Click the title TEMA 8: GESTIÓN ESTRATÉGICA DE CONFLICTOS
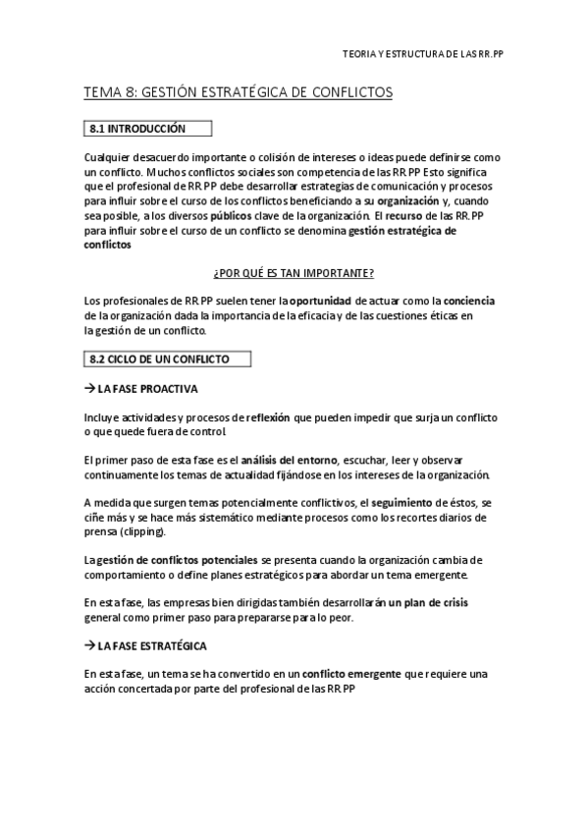(239, 93)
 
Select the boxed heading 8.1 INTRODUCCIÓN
(145, 129)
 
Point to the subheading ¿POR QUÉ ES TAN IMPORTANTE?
(294, 271)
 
